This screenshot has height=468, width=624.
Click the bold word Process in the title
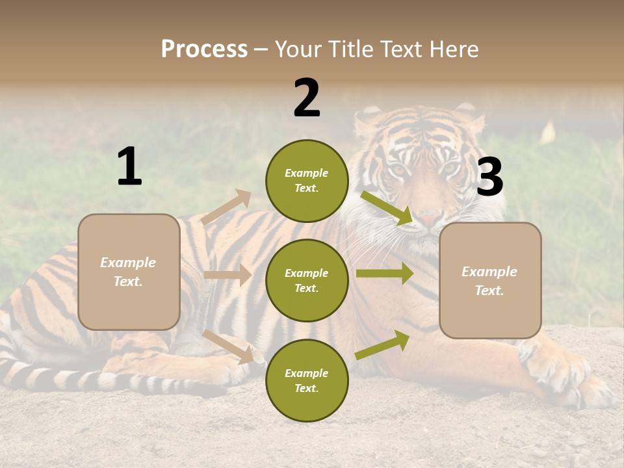204,49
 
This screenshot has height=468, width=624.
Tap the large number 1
129,166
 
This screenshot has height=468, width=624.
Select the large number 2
307,98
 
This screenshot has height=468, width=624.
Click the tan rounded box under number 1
129,272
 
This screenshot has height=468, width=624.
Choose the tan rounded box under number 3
490,280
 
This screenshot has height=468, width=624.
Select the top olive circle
307,181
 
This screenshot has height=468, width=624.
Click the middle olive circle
307,280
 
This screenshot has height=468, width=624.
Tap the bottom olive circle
307,380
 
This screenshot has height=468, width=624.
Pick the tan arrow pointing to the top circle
226,207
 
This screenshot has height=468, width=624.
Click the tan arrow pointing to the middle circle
227,275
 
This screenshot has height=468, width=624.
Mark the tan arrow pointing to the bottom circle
228,346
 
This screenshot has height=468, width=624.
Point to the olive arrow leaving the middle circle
384,273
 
